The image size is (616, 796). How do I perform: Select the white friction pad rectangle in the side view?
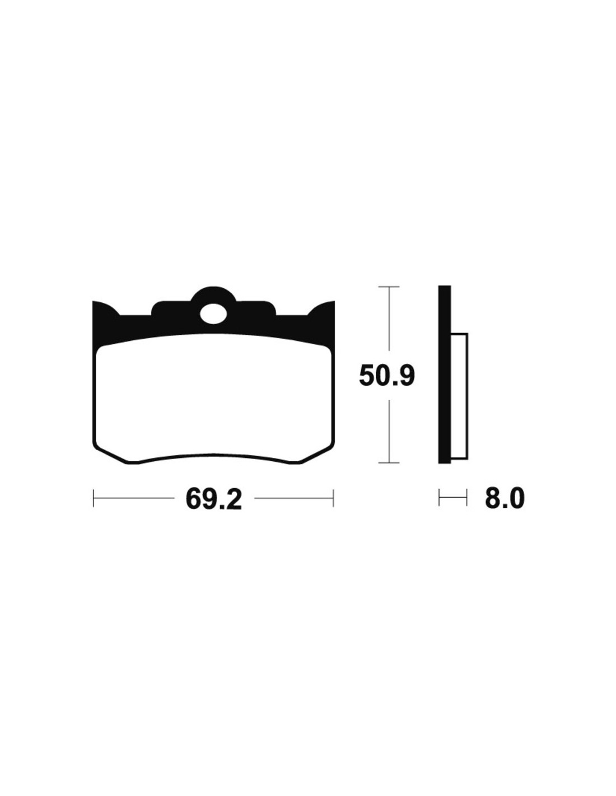459,396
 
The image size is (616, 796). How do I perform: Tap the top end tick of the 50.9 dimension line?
389,287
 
